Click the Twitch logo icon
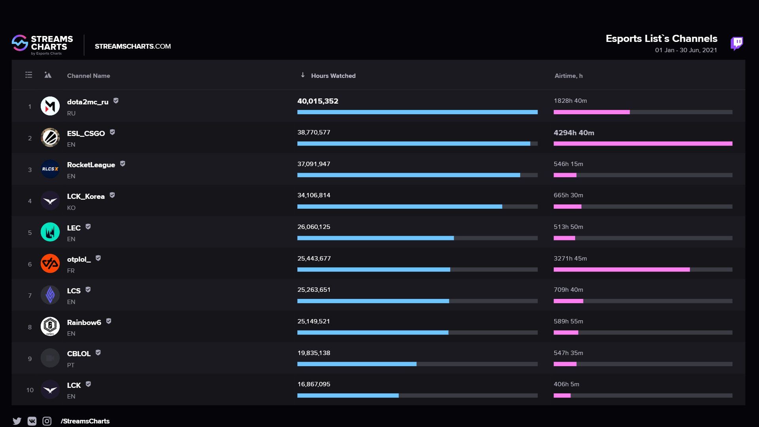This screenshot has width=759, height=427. pyautogui.click(x=736, y=43)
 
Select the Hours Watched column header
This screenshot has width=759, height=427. pyautogui.click(x=333, y=76)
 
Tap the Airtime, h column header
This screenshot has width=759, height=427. pyautogui.click(x=568, y=76)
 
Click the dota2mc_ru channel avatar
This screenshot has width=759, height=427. pyautogui.click(x=50, y=106)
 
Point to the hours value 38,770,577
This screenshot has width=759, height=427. pyautogui.click(x=313, y=132)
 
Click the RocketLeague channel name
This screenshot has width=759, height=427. pyautogui.click(x=91, y=165)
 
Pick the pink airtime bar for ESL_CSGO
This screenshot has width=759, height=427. pyautogui.click(x=643, y=144)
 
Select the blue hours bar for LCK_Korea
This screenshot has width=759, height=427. pyautogui.click(x=399, y=206)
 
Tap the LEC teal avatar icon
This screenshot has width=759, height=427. pyautogui.click(x=50, y=232)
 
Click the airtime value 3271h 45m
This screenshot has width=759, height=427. pyautogui.click(x=570, y=259)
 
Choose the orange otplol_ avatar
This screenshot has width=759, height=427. pyautogui.click(x=50, y=263)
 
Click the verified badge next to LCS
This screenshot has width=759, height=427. pyautogui.click(x=88, y=290)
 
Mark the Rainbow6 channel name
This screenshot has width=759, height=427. pyautogui.click(x=84, y=323)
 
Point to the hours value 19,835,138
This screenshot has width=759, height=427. pyautogui.click(x=313, y=353)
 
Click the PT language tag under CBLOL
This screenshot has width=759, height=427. pyautogui.click(x=71, y=365)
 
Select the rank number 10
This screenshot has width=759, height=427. pyautogui.click(x=30, y=390)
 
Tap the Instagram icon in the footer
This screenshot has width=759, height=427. pyautogui.click(x=47, y=421)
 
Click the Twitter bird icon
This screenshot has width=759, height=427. pyautogui.click(x=17, y=421)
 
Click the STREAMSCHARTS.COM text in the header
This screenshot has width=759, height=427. pyautogui.click(x=132, y=46)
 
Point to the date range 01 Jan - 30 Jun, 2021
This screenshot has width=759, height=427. pyautogui.click(x=686, y=50)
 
